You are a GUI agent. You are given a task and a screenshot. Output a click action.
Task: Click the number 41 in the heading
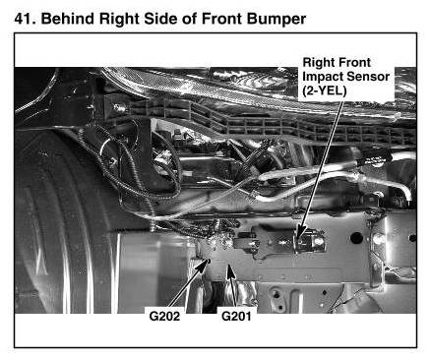pos(25,19)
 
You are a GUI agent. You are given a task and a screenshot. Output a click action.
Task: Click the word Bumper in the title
pos(277,20)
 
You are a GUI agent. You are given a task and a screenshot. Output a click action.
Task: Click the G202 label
pos(164,317)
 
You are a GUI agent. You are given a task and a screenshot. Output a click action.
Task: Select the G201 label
pos(236,317)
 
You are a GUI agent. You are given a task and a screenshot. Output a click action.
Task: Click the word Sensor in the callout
pos(368,77)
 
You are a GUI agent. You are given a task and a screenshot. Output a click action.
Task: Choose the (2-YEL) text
pos(325,90)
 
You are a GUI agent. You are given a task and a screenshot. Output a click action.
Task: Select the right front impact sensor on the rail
pos(309,242)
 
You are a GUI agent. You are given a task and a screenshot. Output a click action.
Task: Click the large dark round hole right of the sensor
pos(356,238)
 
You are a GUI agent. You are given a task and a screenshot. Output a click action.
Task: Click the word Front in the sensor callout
pos(355,62)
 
